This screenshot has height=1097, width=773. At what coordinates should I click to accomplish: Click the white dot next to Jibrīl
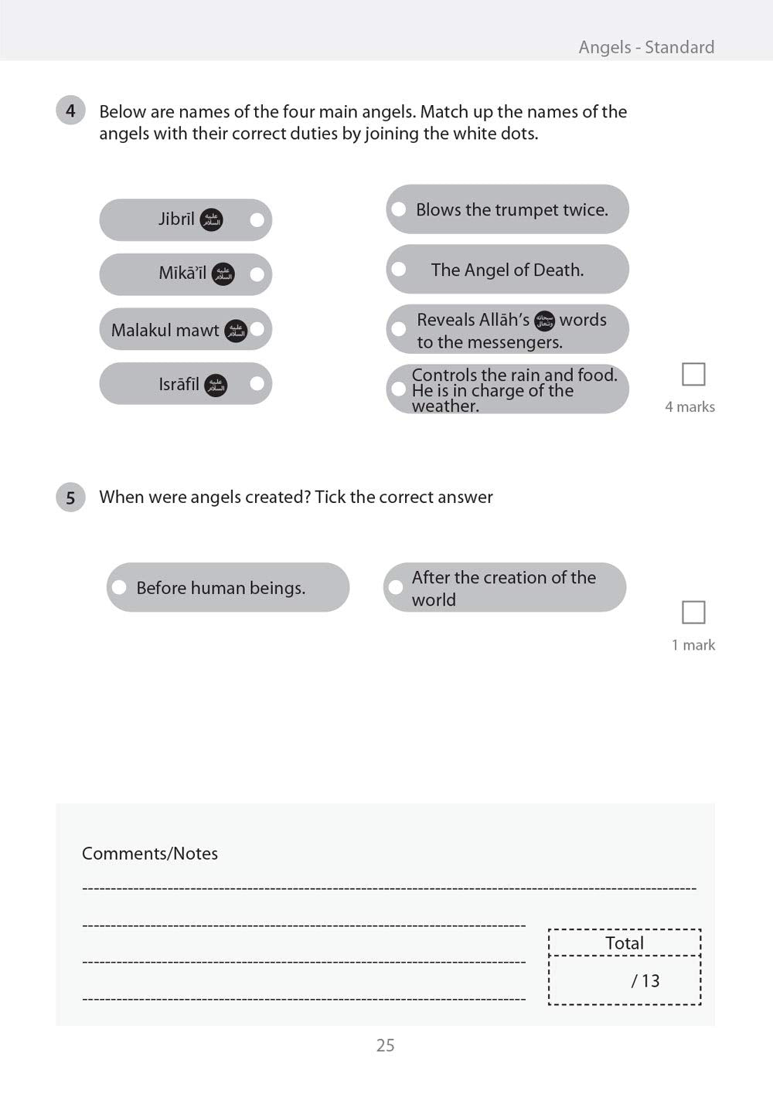(257, 220)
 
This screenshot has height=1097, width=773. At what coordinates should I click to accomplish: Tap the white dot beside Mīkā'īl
(257, 274)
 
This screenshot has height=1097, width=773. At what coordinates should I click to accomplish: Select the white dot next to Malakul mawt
(257, 329)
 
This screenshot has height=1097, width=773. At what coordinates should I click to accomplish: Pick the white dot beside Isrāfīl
(257, 383)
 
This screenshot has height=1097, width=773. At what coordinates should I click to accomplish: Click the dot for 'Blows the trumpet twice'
(399, 209)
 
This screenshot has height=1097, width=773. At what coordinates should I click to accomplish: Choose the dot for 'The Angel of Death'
(399, 269)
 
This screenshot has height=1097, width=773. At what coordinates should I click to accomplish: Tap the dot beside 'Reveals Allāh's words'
(399, 329)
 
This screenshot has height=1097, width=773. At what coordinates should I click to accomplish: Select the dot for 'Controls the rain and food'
(399, 389)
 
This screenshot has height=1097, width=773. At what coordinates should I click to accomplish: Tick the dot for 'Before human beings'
(119, 587)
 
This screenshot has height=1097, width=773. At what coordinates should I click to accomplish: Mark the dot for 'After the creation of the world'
(396, 587)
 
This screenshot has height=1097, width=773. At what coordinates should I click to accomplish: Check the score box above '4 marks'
(693, 375)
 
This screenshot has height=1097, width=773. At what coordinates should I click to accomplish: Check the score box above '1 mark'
(693, 613)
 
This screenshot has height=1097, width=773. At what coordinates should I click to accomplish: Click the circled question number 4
(70, 110)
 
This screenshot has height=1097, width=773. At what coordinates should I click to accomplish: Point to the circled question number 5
(70, 497)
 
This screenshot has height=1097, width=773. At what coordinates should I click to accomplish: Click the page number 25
(385, 1045)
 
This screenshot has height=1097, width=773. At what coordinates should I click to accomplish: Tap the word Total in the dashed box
(625, 943)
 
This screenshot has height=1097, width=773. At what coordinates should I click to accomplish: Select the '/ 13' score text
(645, 981)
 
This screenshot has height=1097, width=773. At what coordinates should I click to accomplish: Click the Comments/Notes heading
(150, 854)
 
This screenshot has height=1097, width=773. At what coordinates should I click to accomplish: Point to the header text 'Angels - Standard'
(646, 47)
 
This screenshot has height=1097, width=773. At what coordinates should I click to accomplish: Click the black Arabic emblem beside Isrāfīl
(216, 385)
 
